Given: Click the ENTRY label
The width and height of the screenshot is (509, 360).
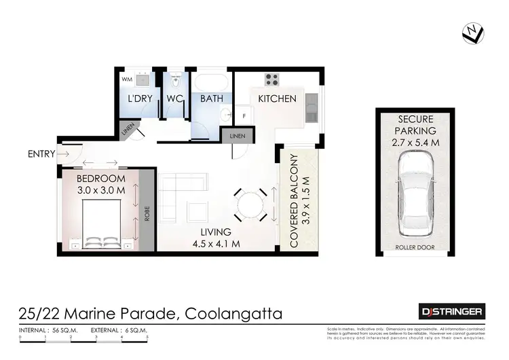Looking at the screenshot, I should click(x=41, y=154).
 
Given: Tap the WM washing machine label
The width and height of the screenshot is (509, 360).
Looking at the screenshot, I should click(x=126, y=79).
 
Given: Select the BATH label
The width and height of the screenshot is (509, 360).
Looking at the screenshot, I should click(x=211, y=98).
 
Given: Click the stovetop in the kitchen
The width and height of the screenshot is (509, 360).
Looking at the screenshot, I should click(x=272, y=79).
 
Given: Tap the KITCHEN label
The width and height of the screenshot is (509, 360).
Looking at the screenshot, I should click(x=277, y=98).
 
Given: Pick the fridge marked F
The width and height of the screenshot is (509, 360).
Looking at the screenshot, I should click(x=245, y=116).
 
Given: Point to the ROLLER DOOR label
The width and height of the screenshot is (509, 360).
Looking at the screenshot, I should click(x=415, y=247).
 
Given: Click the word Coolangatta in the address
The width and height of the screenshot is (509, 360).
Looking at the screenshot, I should click(x=231, y=314).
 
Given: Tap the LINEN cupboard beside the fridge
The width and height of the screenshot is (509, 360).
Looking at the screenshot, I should click(x=238, y=136).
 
